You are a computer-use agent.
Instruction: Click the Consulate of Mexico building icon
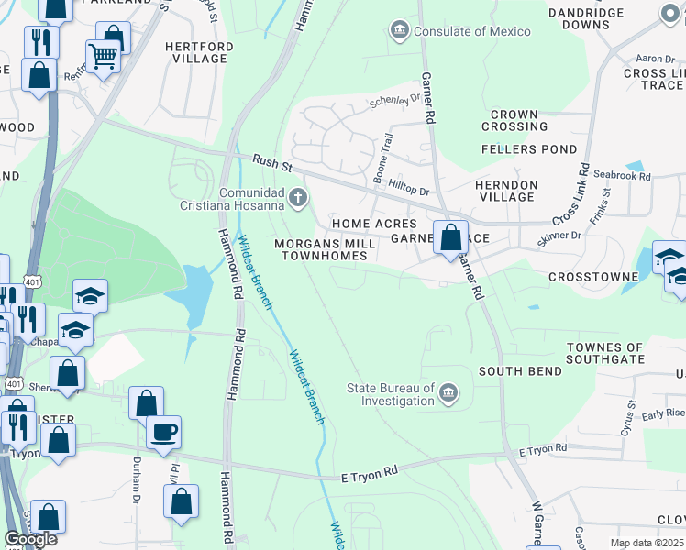[400, 31]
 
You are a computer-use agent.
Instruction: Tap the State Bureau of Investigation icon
[448, 393]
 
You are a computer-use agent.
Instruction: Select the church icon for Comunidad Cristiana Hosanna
[297, 197]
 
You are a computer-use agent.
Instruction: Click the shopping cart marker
[103, 57]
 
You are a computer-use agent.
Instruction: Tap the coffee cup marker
[163, 432]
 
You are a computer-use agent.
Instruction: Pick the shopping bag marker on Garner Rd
[450, 238]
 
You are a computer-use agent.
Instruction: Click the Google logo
[30, 539]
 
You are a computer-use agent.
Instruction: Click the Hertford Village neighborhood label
[195, 52]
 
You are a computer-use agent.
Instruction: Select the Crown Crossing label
[514, 120]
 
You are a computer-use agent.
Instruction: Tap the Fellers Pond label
[529, 149]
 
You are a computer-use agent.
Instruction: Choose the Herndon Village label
[505, 191]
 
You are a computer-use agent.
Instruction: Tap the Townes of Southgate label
[605, 353]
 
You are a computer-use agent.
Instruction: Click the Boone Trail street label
[383, 158]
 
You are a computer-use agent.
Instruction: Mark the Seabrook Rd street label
[622, 176]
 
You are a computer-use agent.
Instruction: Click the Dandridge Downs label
[592, 18]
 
